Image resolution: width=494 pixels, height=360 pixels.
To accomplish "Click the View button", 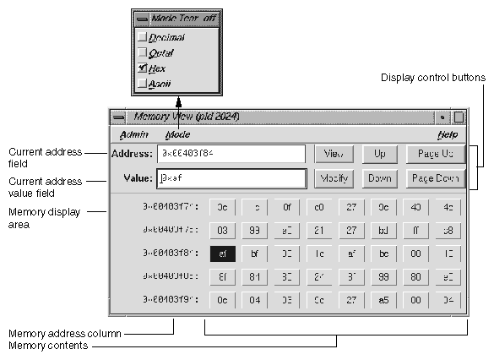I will (x=333, y=154).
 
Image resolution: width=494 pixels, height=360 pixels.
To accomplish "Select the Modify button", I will (x=333, y=178).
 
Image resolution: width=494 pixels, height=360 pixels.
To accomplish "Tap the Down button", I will (x=379, y=178).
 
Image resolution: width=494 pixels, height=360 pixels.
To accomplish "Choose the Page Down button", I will (x=434, y=178).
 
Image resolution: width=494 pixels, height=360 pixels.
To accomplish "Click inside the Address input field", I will (x=231, y=154).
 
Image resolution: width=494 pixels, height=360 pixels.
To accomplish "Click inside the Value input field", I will (x=231, y=178).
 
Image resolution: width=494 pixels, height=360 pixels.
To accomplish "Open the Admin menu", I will (x=133, y=134).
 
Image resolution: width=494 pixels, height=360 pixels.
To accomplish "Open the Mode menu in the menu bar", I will (x=177, y=134).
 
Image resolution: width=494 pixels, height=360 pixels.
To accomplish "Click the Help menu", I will (x=447, y=134).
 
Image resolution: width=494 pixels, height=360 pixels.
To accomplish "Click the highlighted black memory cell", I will (x=222, y=252).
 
